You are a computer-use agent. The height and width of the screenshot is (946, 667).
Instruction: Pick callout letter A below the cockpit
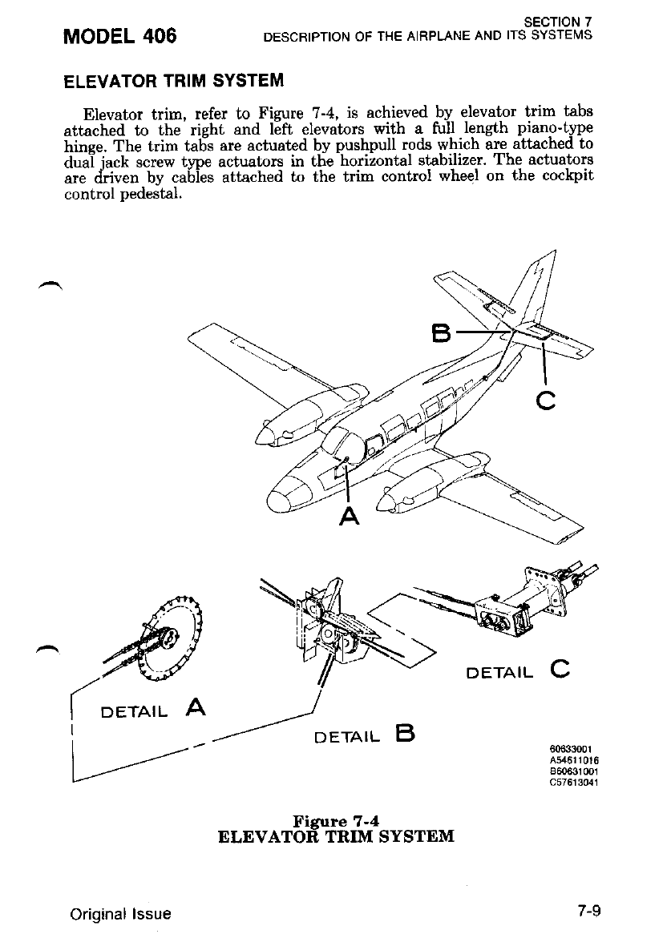tap(348, 517)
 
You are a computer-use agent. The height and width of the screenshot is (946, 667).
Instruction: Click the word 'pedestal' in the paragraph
tap(153, 195)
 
